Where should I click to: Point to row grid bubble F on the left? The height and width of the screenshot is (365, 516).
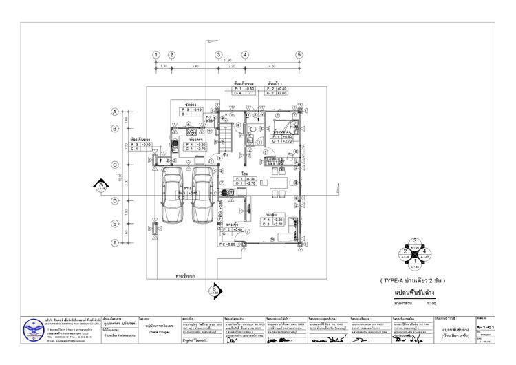(x=114, y=242)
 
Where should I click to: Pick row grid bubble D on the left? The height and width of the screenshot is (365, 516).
(x=114, y=200)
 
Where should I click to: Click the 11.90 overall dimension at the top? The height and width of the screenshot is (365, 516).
(x=228, y=61)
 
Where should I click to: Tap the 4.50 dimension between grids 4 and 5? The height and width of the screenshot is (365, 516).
(x=272, y=67)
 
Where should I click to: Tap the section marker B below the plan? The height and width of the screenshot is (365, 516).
(x=214, y=289)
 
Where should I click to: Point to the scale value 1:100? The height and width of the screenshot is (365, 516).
(x=432, y=301)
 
